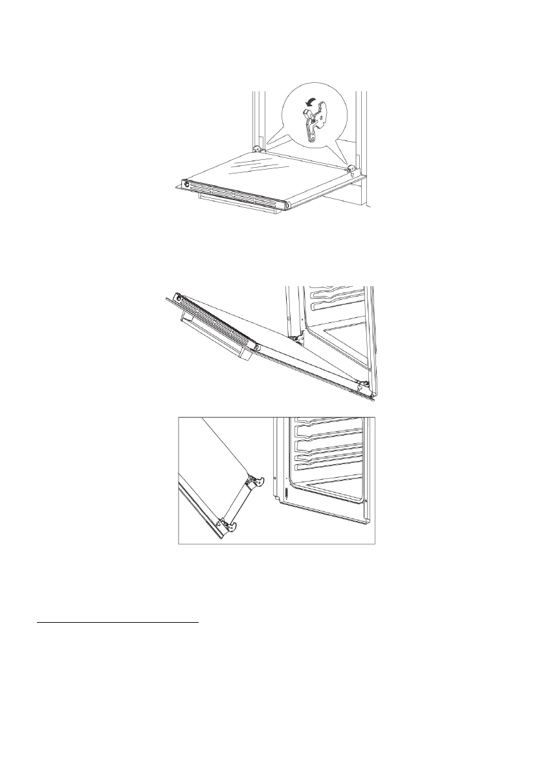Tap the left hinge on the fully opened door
click(x=258, y=149)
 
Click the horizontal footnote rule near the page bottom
click(x=116, y=625)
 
